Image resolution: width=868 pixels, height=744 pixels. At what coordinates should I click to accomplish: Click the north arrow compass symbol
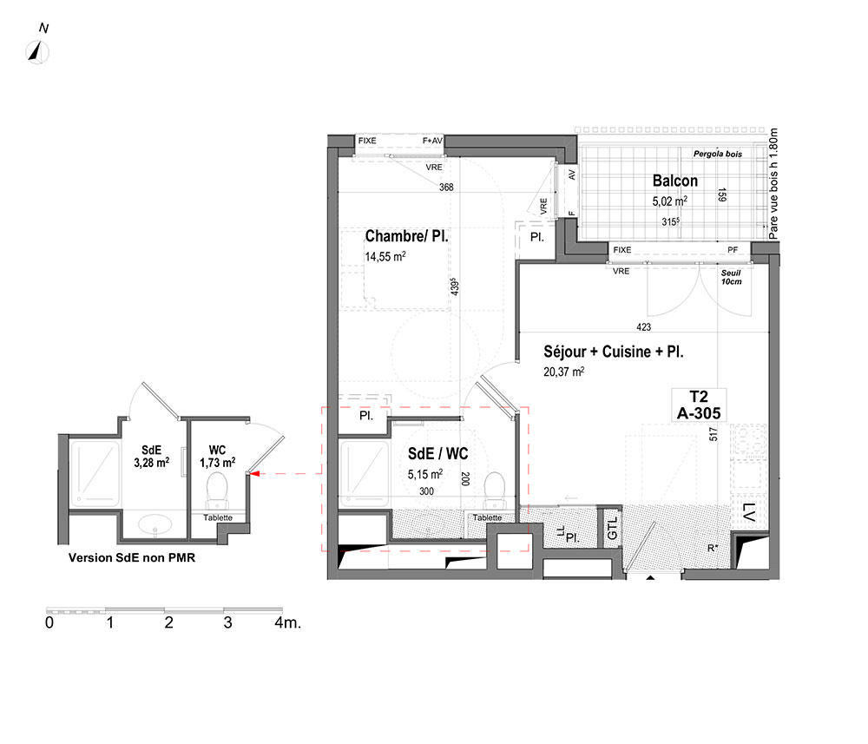(37, 53)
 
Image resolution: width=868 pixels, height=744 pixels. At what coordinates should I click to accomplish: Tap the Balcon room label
(674, 181)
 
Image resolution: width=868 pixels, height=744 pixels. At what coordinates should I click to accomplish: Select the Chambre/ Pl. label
(406, 236)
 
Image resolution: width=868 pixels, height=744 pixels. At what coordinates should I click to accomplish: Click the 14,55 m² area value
(385, 256)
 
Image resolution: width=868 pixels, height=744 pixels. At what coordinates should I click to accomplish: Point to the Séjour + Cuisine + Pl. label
(614, 352)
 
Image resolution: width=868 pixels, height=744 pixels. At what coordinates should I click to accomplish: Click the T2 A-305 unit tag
(699, 405)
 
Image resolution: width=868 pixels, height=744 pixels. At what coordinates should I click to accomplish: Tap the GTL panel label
(612, 527)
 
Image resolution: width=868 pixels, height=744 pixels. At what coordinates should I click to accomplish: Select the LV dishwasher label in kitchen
(748, 512)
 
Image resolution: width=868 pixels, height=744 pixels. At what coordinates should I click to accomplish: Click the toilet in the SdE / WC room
(495, 491)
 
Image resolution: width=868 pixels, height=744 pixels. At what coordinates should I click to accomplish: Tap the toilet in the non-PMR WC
(217, 491)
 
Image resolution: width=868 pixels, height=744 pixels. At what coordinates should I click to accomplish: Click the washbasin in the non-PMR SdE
(155, 523)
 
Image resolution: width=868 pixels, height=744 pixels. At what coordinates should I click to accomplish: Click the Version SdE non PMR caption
(132, 557)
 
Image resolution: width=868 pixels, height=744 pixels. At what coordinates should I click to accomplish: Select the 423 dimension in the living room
(644, 326)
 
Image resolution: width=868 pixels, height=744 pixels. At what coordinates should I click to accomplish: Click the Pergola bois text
(718, 154)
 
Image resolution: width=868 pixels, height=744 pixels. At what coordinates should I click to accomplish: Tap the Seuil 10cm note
(731, 277)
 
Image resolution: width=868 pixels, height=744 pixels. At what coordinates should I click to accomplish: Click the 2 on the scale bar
(169, 622)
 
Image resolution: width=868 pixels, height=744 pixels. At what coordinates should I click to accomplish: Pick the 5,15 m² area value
(425, 474)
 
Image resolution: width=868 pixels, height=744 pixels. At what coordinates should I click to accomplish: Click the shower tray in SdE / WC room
(365, 474)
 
